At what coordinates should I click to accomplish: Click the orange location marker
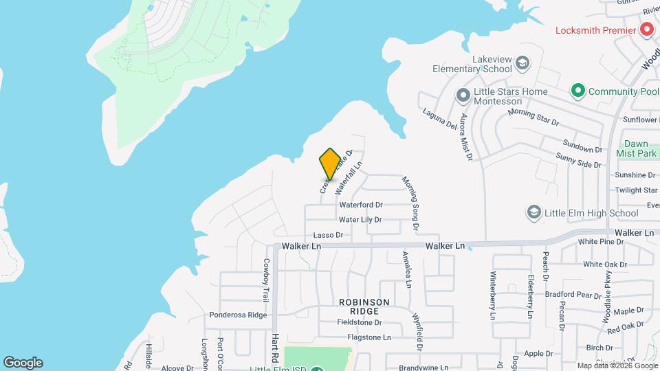click(x=330, y=164)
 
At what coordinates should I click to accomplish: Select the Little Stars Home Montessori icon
click(x=463, y=92)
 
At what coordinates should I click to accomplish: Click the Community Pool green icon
click(x=578, y=91)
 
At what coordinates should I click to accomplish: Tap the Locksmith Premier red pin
click(x=646, y=30)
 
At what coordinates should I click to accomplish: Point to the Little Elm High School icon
click(x=533, y=213)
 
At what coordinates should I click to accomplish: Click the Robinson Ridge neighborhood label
click(x=364, y=306)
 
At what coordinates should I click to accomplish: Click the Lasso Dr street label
click(x=328, y=235)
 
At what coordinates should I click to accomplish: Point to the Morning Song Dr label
click(x=415, y=203)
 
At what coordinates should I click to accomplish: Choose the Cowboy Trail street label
click(x=265, y=280)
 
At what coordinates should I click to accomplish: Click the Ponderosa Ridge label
click(x=238, y=315)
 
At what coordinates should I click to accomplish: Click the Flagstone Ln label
click(x=369, y=337)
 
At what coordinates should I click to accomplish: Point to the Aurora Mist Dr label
click(x=467, y=137)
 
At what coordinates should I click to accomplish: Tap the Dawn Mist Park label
click(x=637, y=149)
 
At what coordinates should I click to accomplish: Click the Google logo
click(x=23, y=363)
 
